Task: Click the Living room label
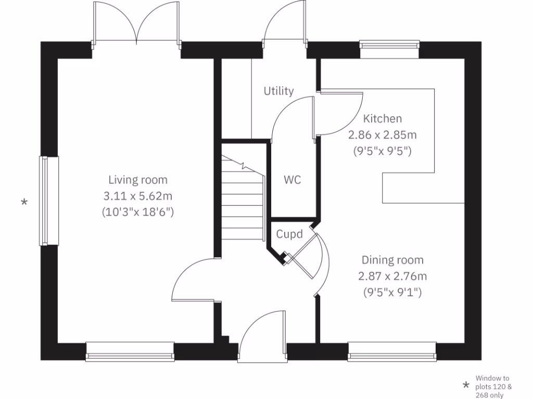click(138, 180)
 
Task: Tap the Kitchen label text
click(382, 118)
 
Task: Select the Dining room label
click(392, 260)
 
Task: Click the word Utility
click(278, 91)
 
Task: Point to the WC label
click(292, 180)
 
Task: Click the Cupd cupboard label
click(289, 234)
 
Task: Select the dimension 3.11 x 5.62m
click(138, 196)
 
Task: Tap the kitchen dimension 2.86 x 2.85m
click(382, 135)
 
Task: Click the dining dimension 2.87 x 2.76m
click(392, 276)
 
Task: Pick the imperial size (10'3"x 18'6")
click(138, 212)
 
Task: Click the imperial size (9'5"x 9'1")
click(392, 292)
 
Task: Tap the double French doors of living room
click(136, 23)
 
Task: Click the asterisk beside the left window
click(24, 202)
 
